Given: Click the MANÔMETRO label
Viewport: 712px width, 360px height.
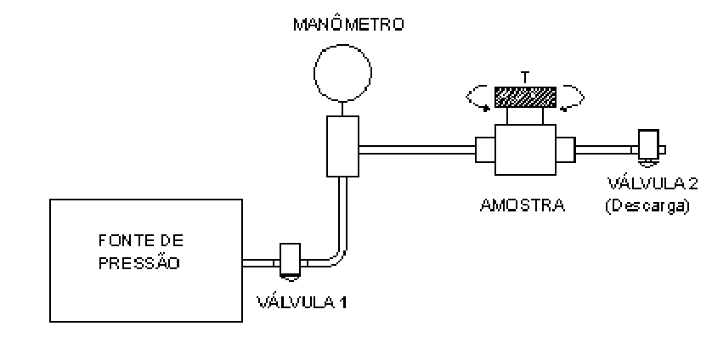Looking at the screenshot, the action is pos(348,24).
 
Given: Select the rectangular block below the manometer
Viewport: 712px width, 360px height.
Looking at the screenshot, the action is pos(343,146).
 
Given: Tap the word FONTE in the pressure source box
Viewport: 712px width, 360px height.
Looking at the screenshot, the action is pos(122,240).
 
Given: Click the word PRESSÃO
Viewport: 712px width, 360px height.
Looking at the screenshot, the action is pos(139,263).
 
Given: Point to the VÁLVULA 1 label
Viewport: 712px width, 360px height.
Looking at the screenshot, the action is pos(302,302).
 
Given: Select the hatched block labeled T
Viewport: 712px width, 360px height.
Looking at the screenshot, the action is pos(525,97).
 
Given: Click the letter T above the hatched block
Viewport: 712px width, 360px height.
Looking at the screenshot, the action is pos(525,77).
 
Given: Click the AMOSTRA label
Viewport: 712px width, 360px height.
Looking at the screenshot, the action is pos(523,205).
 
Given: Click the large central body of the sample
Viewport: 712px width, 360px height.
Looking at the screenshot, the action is pos(525,149).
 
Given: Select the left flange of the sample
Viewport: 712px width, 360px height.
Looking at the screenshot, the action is pos(485,149).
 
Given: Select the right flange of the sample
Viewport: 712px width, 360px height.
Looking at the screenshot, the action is pos(566,149).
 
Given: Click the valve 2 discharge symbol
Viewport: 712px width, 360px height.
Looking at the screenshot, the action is pos(648,148).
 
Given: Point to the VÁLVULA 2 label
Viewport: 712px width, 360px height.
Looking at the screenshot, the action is pos(652,183).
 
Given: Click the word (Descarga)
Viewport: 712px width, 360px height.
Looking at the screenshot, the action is pos(647,205).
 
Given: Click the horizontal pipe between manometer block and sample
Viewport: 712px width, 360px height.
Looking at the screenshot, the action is pos(417,149).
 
